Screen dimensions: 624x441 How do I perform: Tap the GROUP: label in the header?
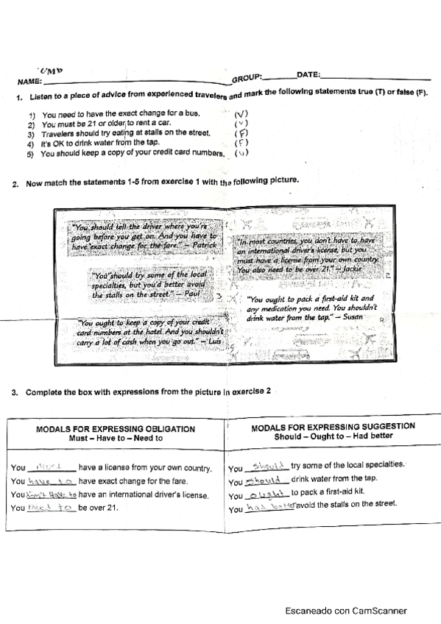pos(247,78)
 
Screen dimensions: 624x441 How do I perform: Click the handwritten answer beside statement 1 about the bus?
pos(241,113)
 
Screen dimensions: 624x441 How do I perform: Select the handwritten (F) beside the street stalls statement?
pos(239,133)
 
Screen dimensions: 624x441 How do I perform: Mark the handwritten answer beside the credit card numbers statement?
pos(241,153)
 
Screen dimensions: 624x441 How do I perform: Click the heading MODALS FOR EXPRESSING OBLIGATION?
pos(116,428)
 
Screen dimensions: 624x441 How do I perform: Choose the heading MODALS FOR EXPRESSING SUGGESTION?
pos(333,426)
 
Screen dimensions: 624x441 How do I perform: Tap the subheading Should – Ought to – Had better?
pos(333,436)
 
